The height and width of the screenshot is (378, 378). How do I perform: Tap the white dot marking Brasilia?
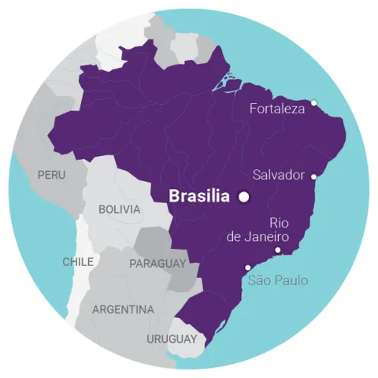244,196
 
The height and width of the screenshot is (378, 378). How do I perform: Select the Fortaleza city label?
276,109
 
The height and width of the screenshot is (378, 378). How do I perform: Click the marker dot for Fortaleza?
313,102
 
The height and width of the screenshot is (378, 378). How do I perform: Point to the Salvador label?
279,175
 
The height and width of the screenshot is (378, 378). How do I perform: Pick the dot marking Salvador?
314,176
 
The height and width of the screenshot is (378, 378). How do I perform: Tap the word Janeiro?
268,236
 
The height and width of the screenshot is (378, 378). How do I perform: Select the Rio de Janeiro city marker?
277,250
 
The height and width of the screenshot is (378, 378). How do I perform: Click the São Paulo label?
278,280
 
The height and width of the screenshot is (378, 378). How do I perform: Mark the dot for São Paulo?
248,267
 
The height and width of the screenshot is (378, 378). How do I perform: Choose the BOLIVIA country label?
120,210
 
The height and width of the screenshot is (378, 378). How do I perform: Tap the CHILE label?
78,261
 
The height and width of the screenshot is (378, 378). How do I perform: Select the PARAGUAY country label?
157,263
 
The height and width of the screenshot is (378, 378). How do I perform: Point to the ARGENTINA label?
123,309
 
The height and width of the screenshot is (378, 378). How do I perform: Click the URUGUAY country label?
171,339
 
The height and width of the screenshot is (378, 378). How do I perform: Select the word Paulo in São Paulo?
291,280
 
